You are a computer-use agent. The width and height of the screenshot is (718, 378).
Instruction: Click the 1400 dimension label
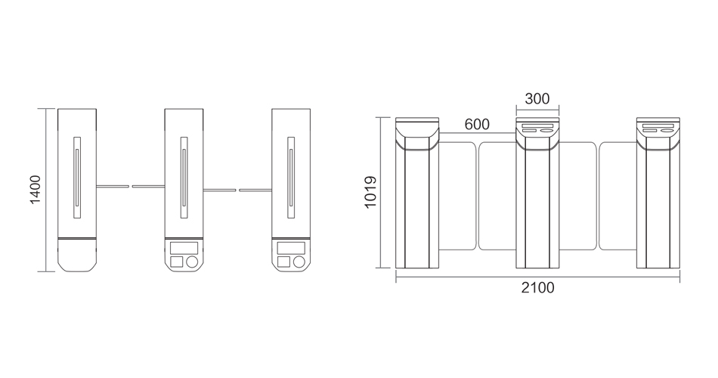(36, 191)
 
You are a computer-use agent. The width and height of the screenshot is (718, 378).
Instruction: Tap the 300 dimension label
(537, 98)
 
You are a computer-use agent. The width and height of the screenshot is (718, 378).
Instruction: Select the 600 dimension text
(477, 124)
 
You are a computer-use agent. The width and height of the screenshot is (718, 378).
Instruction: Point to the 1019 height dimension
(370, 193)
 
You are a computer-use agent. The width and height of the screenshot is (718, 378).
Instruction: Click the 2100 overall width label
(537, 288)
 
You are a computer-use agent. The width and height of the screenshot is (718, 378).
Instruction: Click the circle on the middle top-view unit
(192, 262)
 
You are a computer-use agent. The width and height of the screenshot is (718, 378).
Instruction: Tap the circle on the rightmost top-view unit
(299, 262)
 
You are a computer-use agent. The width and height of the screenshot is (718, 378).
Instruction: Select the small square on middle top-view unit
(176, 262)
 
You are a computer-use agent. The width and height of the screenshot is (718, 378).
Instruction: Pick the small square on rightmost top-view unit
(283, 262)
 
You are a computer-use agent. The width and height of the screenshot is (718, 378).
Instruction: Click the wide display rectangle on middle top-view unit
(184, 248)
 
